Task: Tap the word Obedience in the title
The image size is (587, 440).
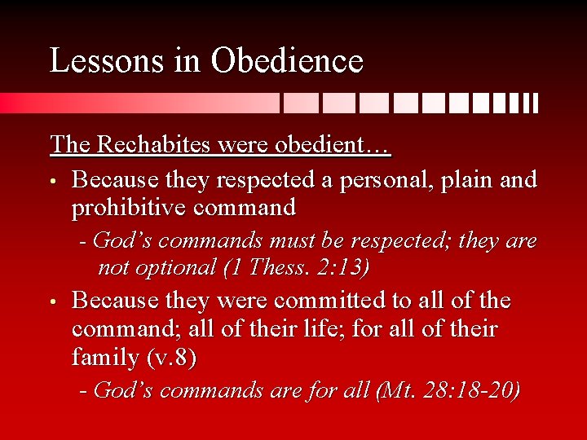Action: (x=287, y=61)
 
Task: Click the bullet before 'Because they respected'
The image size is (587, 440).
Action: (x=54, y=179)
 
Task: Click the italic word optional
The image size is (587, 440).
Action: (x=170, y=267)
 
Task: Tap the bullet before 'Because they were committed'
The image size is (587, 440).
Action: (x=54, y=301)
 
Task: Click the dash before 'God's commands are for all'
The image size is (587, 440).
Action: (x=83, y=391)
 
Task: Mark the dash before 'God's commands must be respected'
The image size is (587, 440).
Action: (x=83, y=242)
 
